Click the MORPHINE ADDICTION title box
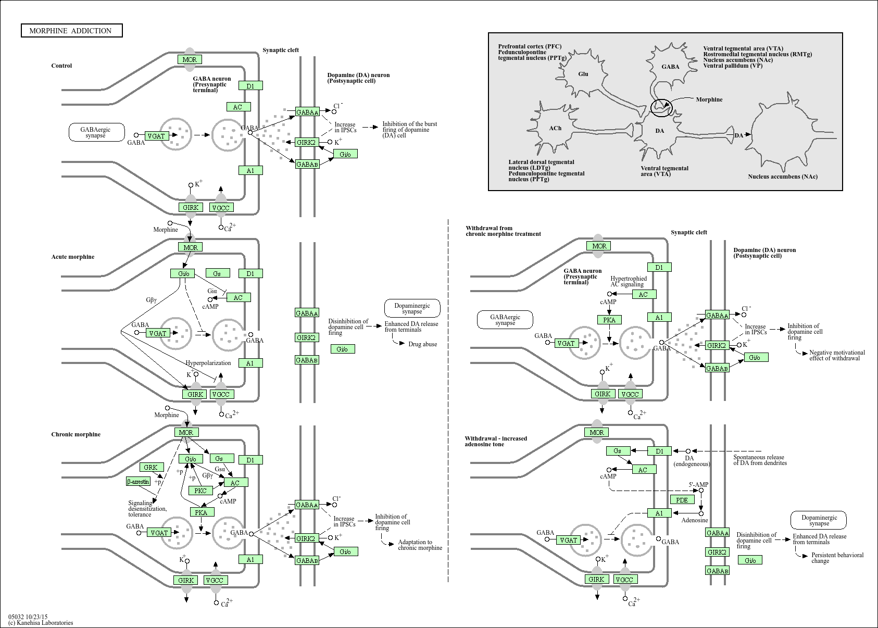click(71, 31)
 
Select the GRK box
click(150, 468)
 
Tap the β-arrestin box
click(139, 482)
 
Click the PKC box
click(200, 491)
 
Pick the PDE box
click(682, 500)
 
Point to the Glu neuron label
click(583, 74)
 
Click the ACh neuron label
click(555, 128)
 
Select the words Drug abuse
click(422, 344)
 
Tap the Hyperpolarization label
click(208, 363)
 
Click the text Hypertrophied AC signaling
click(629, 282)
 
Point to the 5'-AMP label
click(698, 484)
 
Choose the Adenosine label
click(695, 520)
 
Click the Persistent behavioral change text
click(837, 558)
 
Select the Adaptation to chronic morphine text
click(420, 545)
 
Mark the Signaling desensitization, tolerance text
click(147, 509)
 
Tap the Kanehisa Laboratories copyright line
click(41, 623)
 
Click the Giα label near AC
click(212, 291)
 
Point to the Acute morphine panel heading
click(73, 257)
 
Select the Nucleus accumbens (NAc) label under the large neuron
click(782, 177)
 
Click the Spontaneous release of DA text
click(760, 460)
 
